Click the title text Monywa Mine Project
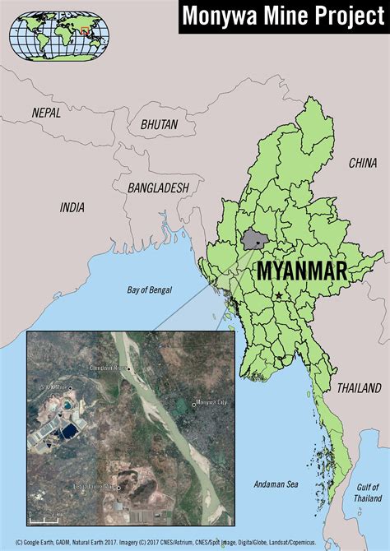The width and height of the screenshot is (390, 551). point(282,16)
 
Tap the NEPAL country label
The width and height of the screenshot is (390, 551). point(46,112)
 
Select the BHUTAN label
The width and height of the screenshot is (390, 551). point(159,124)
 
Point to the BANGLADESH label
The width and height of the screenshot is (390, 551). point(159,188)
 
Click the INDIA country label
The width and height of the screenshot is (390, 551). point(72,208)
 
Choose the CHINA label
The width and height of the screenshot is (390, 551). point(362,163)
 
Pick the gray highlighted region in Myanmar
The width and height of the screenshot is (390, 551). point(254,240)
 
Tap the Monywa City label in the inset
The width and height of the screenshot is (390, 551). point(211,403)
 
